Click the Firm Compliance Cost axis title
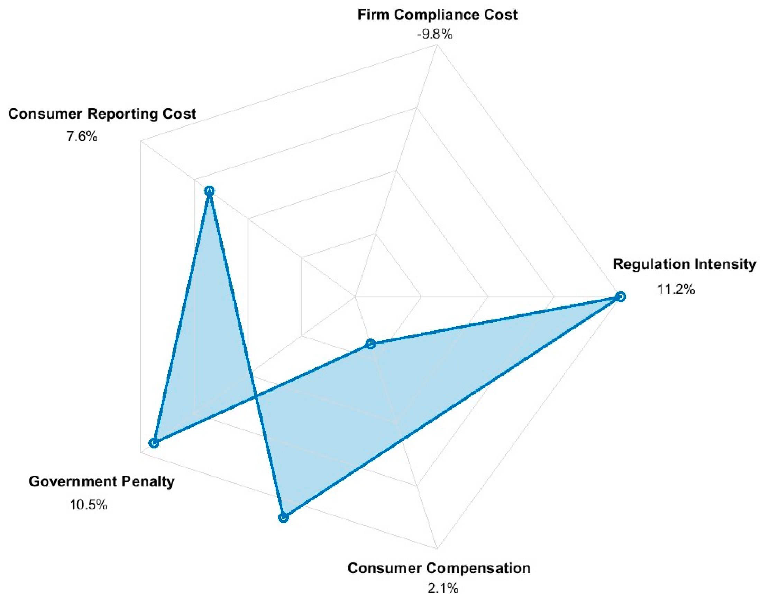click(437, 15)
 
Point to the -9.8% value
click(434, 35)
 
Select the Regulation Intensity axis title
click(684, 264)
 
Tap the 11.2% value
click(676, 289)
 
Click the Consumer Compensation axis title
click(439, 568)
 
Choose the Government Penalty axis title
click(101, 481)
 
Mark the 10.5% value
click(89, 505)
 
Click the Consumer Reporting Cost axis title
click(102, 114)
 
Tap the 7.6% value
click(82, 137)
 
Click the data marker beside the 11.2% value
click(621, 297)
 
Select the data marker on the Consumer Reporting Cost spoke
click(210, 191)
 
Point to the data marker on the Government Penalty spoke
click(154, 443)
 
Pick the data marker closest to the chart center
click(370, 344)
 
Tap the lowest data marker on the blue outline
click(283, 518)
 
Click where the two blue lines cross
click(256, 398)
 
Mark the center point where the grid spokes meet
click(355, 297)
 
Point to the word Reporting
click(123, 114)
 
